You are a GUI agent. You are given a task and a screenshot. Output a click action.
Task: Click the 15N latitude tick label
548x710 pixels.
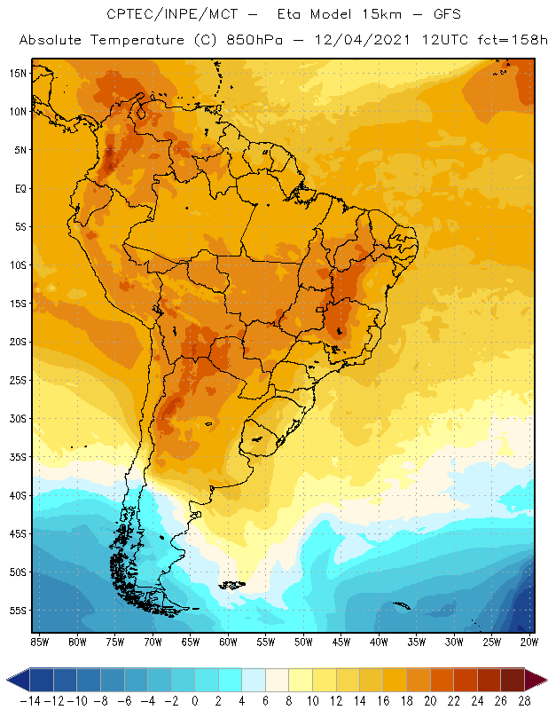click(17, 73)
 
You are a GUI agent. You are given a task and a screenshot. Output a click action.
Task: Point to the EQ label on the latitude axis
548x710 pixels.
click(18, 188)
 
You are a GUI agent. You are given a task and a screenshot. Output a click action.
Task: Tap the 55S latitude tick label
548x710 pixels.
click(17, 611)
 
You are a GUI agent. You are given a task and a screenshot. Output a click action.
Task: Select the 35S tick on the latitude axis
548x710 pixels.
click(17, 457)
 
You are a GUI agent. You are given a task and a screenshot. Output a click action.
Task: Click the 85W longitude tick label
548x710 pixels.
click(40, 643)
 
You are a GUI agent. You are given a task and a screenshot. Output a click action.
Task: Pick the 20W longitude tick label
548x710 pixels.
click(530, 643)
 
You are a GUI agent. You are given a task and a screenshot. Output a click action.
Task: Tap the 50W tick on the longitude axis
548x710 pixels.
click(304, 643)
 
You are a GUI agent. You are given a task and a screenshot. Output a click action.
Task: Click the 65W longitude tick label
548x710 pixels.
click(191, 643)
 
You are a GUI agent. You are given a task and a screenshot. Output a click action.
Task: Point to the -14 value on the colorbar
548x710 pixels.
click(30, 700)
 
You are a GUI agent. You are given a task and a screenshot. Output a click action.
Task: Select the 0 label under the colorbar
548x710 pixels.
click(195, 700)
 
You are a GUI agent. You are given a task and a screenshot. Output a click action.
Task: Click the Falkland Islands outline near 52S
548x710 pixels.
click(232, 585)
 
